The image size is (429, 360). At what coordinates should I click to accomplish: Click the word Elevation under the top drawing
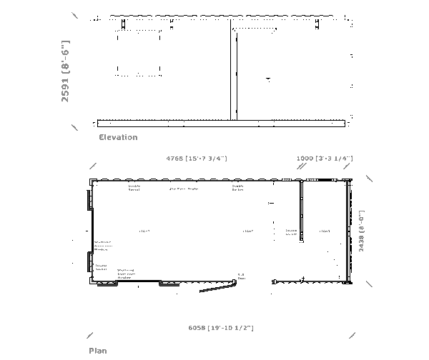pos(118,137)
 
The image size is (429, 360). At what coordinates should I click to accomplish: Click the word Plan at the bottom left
pos(98,351)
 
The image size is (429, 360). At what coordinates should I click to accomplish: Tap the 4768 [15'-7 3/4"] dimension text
pos(196,158)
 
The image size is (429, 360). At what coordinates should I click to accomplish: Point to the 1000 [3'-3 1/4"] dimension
pos(325,158)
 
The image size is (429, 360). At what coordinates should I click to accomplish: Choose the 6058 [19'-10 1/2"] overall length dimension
pos(221,327)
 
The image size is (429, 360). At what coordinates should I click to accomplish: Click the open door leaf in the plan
pos(218,286)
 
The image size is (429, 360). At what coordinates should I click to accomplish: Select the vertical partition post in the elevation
pos(232,71)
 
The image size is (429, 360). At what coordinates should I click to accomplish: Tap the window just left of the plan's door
pos(169,283)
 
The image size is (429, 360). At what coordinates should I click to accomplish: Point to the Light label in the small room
pos(325,231)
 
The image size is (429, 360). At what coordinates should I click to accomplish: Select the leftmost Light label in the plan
pos(144,231)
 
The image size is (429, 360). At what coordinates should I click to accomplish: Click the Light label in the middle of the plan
pos(247,231)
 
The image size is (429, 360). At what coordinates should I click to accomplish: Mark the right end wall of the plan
pos(349,231)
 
